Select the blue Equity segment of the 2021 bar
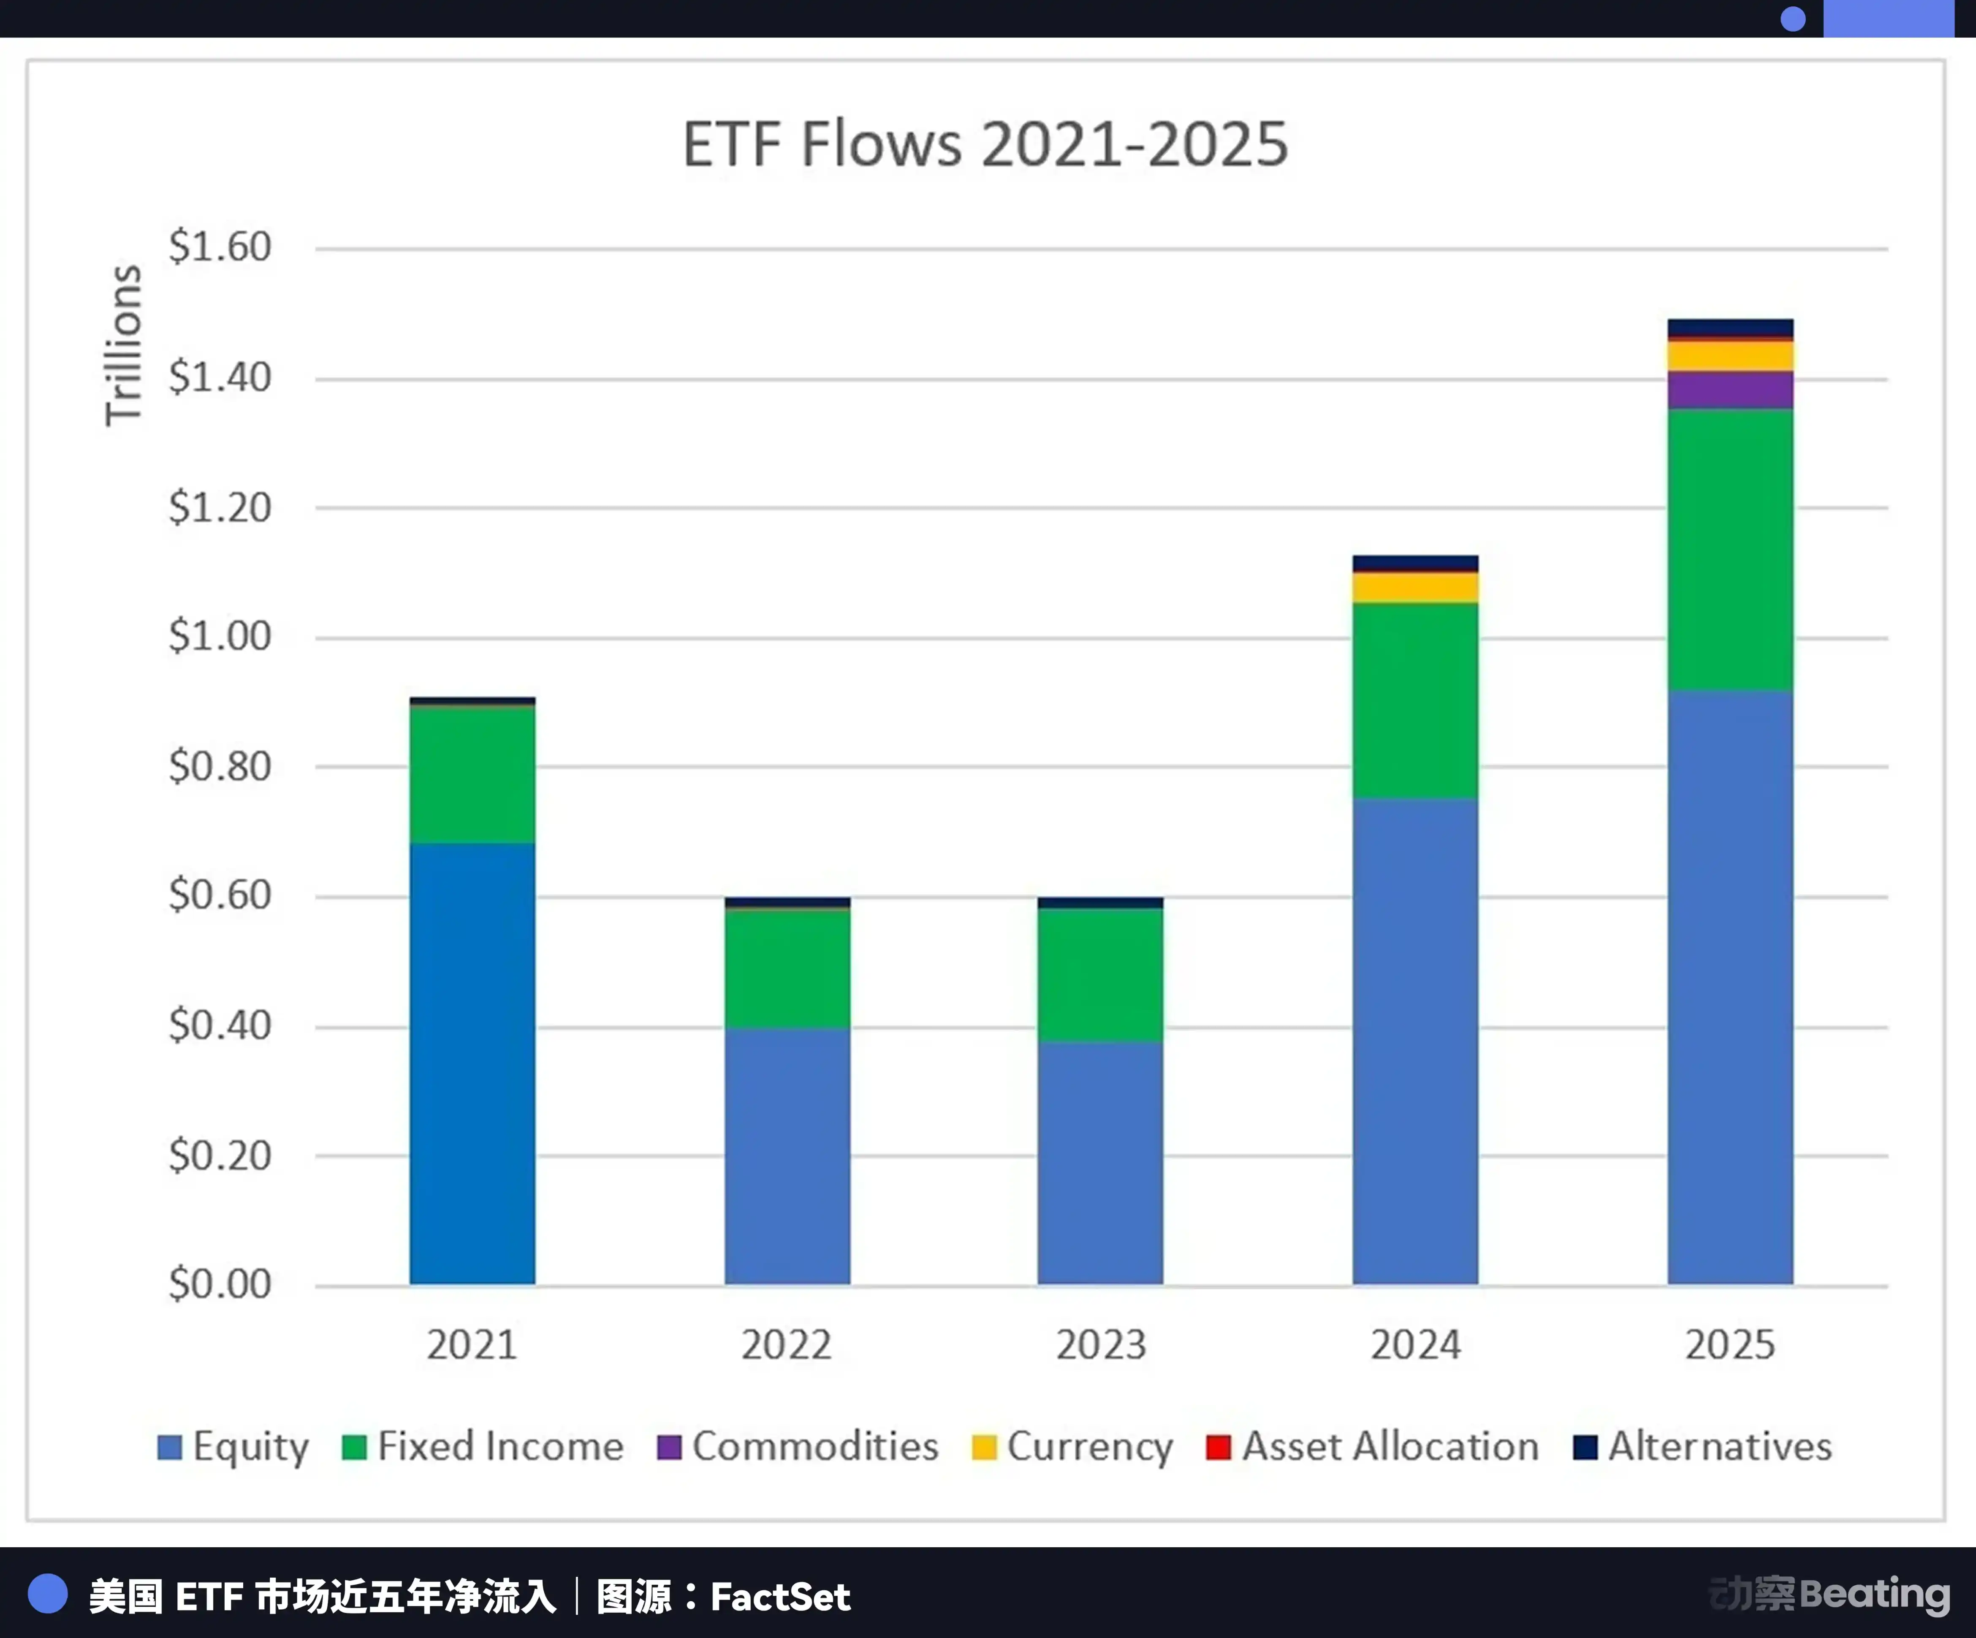coord(472,1063)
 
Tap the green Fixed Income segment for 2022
coord(787,969)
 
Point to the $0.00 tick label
coord(219,1284)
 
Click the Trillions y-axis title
coord(123,345)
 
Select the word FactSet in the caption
coord(780,1597)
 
